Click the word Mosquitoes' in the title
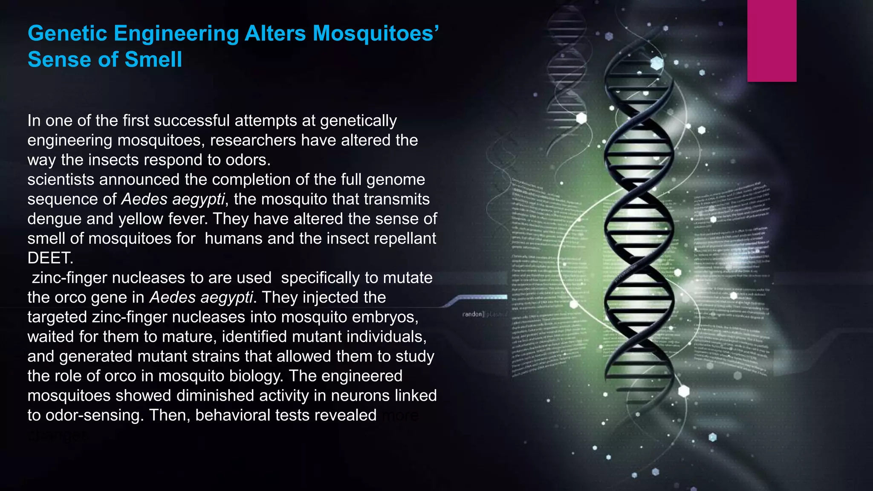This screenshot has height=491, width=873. click(x=376, y=33)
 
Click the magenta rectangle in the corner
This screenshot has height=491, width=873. click(x=772, y=40)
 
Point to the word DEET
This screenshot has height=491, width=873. click(x=50, y=258)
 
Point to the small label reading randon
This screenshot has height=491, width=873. click(x=472, y=314)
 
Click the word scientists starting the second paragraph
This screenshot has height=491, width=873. click(x=61, y=179)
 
